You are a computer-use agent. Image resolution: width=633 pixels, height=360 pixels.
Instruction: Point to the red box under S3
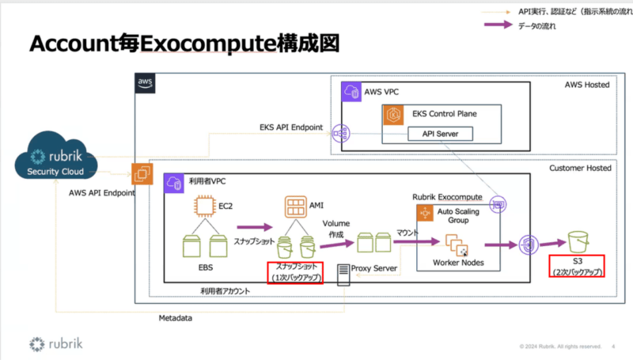(x=577, y=267)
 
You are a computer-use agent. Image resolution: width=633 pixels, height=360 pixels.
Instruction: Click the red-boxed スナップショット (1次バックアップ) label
(x=296, y=272)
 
